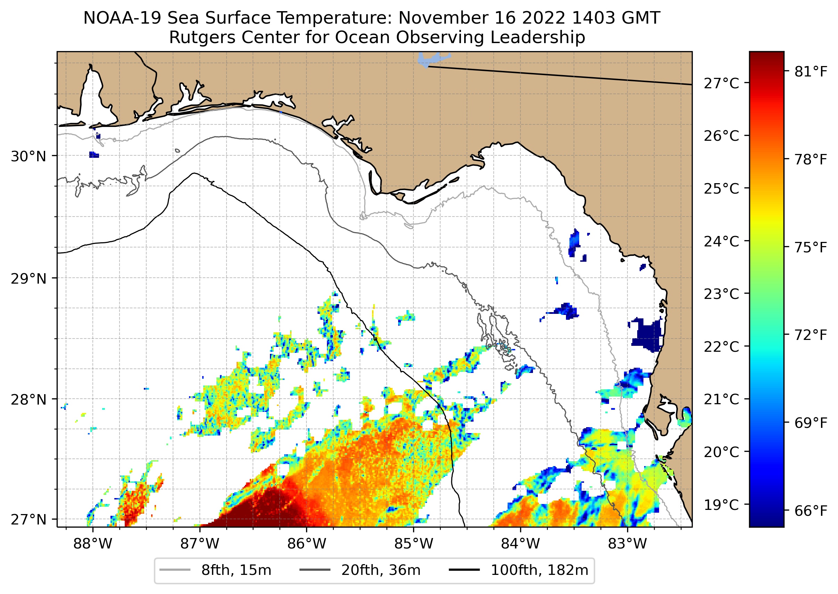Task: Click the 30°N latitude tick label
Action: click(x=28, y=156)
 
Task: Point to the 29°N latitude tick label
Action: click(x=28, y=279)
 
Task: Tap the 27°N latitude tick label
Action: click(x=28, y=519)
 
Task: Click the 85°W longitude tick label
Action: click(x=413, y=544)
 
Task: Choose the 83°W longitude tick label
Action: click(x=627, y=544)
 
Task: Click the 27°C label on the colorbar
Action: click(x=721, y=83)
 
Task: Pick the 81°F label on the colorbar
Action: click(x=811, y=72)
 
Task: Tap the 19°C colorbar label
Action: click(x=721, y=505)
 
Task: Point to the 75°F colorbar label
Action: click(x=811, y=247)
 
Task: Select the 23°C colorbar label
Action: click(x=721, y=294)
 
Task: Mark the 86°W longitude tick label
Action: click(x=306, y=544)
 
